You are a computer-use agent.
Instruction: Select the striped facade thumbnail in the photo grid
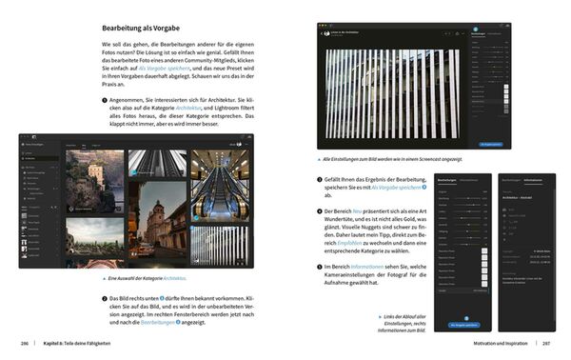pos(220,245)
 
